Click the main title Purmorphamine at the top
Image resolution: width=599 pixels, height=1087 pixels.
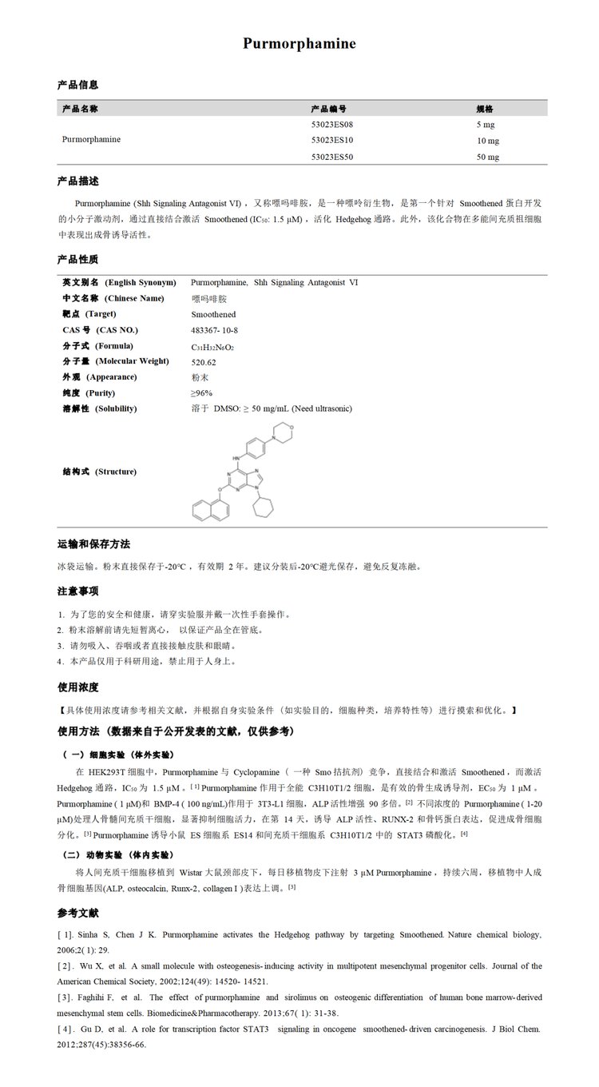click(299, 44)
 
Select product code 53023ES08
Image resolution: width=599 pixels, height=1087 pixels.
click(332, 125)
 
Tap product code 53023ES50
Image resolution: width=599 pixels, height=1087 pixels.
click(332, 157)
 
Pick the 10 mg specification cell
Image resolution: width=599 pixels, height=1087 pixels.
click(487, 141)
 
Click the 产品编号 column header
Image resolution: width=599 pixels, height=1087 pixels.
click(328, 109)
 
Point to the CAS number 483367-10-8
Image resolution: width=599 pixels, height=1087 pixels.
click(215, 330)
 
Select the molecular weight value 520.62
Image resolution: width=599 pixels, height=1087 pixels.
click(204, 362)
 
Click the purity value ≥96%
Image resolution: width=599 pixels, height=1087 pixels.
click(201, 393)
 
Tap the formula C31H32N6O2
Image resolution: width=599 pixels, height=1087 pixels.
click(212, 347)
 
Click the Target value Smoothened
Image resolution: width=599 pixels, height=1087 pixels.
click(213, 315)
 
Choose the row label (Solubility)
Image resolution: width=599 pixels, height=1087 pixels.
click(117, 409)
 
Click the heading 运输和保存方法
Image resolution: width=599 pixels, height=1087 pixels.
click(93, 543)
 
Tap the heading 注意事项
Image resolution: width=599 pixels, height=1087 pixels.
click(77, 591)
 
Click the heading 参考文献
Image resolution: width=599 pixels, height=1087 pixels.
click(77, 913)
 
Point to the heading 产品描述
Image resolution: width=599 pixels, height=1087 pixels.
click(77, 181)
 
